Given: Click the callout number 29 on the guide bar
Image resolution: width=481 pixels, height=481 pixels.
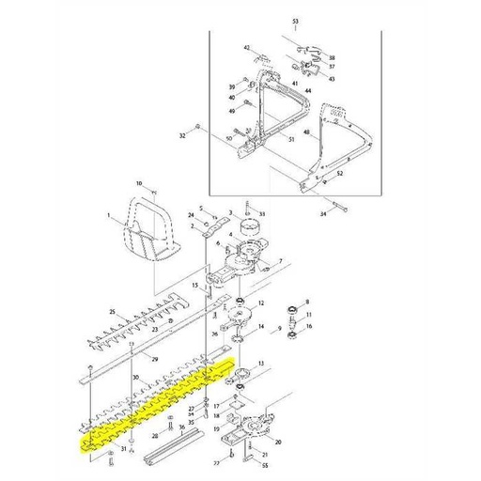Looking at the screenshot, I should [x=154, y=358].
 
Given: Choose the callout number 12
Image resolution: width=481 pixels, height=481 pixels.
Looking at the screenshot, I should [x=262, y=303].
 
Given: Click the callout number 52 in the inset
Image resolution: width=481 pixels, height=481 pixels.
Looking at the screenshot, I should [x=339, y=175].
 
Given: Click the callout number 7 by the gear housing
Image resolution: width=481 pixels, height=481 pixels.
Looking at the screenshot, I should [x=279, y=260].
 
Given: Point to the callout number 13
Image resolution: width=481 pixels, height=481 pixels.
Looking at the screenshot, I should [x=262, y=363].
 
